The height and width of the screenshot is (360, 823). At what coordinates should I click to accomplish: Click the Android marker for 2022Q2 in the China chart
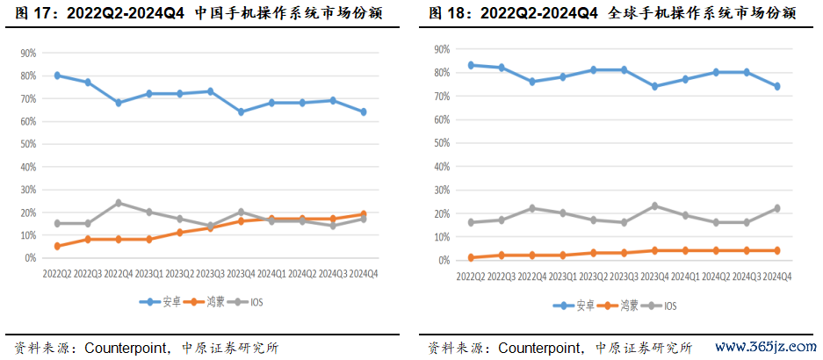click(57, 76)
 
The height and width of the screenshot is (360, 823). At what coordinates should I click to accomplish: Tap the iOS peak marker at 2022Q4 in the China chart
click(118, 203)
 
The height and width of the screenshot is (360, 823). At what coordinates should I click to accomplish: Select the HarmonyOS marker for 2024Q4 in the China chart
click(363, 214)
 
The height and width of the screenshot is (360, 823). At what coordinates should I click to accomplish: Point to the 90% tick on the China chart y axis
click(28, 53)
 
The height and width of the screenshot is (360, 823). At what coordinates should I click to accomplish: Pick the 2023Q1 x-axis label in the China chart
click(148, 274)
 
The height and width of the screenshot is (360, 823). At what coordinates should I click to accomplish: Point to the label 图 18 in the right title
click(449, 13)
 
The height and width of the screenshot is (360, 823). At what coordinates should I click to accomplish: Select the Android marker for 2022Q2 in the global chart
click(471, 65)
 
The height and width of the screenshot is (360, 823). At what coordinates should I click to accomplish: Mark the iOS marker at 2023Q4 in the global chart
click(654, 206)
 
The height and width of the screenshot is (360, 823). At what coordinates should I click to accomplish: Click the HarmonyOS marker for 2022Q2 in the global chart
click(471, 257)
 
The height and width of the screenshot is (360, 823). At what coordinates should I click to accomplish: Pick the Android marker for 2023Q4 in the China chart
click(241, 112)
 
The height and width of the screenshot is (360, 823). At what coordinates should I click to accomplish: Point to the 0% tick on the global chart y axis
click(443, 261)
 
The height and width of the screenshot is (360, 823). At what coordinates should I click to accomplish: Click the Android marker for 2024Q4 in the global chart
click(776, 86)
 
